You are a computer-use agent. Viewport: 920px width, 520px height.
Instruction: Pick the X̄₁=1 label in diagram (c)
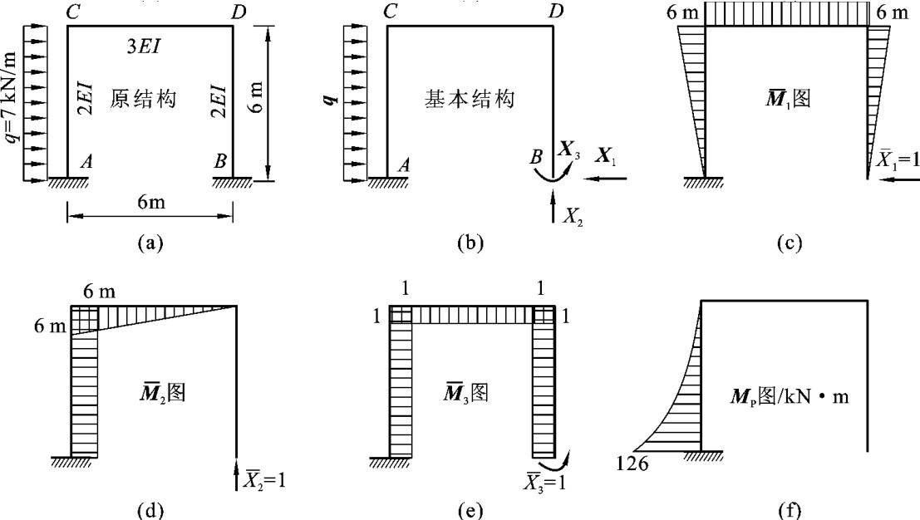coord(896,159)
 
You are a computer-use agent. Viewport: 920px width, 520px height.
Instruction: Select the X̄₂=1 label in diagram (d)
coord(267,479)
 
